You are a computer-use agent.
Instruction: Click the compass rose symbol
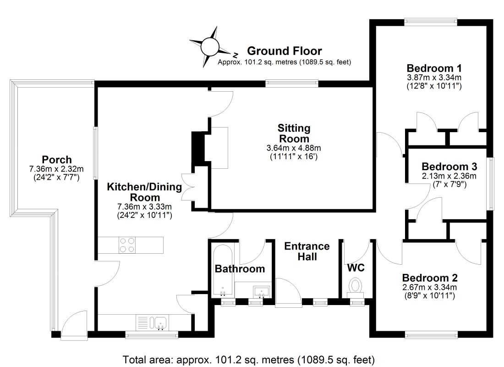pos(211,46)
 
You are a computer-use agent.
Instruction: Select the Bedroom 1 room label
pos(433,67)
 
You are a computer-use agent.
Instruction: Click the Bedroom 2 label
pos(429,278)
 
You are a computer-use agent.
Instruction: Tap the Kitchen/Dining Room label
pos(144,192)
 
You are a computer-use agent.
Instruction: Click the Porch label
pos(57,160)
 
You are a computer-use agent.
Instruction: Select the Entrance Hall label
pos(307,251)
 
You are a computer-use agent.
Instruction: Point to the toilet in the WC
pos(355,286)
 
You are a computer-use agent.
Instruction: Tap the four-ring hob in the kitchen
pos(127,245)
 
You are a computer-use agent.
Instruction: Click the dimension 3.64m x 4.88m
pos(293,148)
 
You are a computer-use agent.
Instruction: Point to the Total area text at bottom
pos(248,358)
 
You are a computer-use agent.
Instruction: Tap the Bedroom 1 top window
pos(431,20)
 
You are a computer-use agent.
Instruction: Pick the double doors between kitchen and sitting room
pos(188,187)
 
